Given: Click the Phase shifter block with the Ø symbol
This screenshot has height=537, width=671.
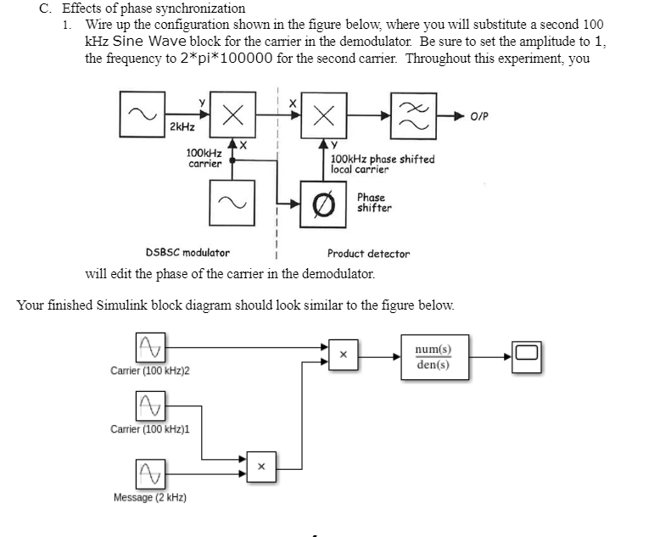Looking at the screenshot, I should point(322,204).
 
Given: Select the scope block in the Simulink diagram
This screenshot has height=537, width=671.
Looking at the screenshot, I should point(527,356).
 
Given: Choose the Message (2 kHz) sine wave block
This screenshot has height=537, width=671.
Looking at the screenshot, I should point(149,470).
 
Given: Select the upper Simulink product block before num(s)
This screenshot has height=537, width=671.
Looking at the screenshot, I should point(344,357).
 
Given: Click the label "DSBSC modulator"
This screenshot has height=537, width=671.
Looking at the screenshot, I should point(187,253).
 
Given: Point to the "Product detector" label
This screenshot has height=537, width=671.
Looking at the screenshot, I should point(368,254).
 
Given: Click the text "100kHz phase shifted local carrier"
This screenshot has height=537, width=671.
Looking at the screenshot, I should point(382,164).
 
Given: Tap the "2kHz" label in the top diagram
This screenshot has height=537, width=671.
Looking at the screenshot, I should point(181,127).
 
